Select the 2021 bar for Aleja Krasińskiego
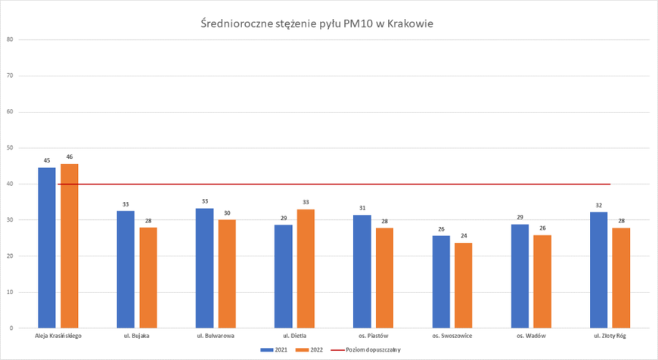(47, 248)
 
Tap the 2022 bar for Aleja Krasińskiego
(70, 246)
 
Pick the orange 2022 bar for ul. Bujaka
(148, 278)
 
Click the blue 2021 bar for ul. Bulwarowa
(204, 268)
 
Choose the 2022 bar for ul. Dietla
(306, 268)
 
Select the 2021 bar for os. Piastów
(362, 272)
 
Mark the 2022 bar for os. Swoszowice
(464, 285)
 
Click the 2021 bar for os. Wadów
(520, 276)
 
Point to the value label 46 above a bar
(70, 157)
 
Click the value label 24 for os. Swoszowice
(464, 236)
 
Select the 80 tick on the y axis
(11, 39)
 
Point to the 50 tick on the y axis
(11, 147)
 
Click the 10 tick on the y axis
(11, 292)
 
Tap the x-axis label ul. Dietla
(294, 335)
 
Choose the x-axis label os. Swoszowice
(452, 335)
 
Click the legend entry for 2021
(276, 350)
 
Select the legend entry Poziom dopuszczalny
(373, 350)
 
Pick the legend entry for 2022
(312, 350)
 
